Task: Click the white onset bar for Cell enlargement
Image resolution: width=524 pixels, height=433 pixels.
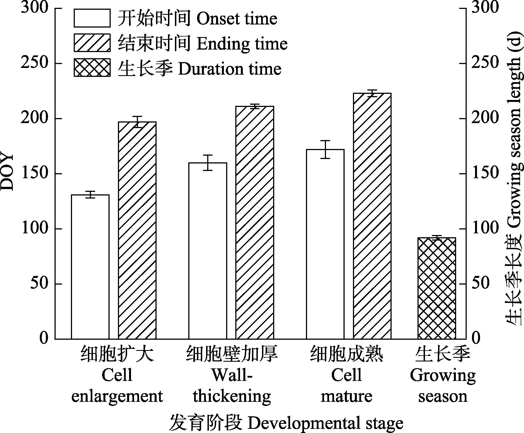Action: coord(90,267)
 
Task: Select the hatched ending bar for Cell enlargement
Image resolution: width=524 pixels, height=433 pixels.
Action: coord(137,230)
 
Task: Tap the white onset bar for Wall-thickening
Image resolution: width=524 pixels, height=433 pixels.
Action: coord(208,251)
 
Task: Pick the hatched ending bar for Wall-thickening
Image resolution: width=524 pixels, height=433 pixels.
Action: coord(255,222)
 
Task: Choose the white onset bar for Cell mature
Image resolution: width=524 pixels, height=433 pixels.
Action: coord(325,244)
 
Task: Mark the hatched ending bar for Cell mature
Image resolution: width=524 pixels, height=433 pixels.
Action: coord(372,216)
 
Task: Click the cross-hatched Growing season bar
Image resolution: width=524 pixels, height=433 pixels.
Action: coord(437,288)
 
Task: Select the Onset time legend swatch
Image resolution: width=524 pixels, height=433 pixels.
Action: coord(92,18)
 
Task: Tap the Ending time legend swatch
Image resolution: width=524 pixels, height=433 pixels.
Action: coord(92,43)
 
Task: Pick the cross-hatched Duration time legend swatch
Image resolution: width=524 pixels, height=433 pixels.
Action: coord(92,67)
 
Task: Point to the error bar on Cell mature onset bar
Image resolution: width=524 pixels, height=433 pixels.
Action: coord(325,150)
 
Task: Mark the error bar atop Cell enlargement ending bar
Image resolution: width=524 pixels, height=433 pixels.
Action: coord(137,122)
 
